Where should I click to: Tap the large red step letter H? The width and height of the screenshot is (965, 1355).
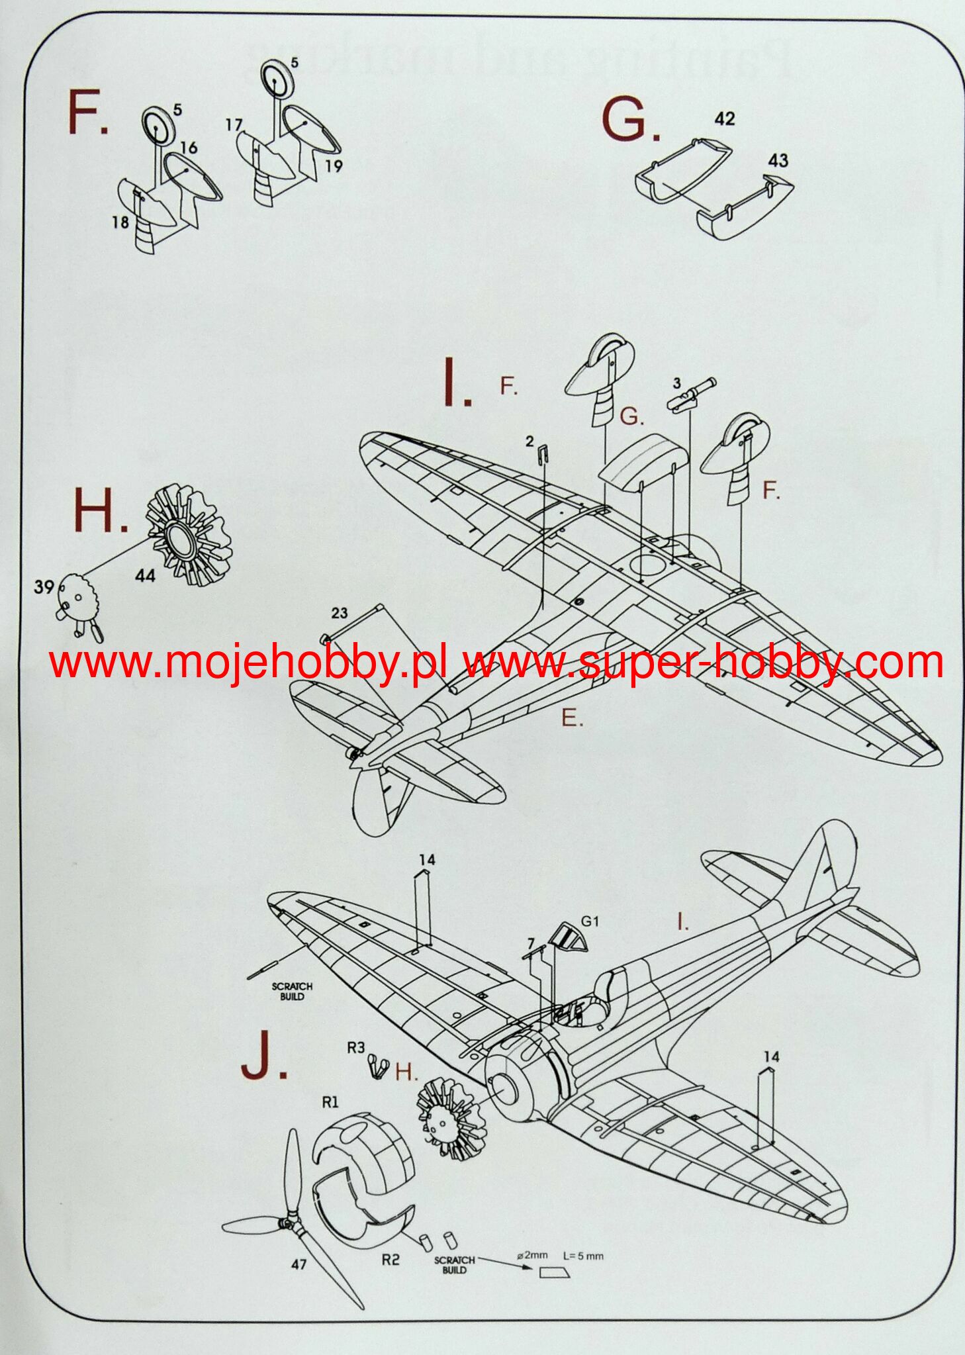pos(99,512)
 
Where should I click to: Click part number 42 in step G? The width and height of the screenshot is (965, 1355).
pos(725,118)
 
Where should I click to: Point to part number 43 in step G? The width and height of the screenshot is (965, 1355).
pos(778,160)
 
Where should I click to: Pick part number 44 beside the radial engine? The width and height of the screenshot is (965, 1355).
pos(145,576)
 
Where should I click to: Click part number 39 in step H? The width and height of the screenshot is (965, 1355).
pos(44,586)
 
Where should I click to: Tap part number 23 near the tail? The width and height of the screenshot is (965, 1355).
pos(340,614)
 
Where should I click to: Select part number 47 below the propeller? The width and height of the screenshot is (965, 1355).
pos(299,1264)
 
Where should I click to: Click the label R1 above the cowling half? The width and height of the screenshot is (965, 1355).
pos(330,1102)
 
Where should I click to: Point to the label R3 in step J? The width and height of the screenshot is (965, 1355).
pos(356,1047)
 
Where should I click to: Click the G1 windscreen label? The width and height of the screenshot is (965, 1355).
pos(590,921)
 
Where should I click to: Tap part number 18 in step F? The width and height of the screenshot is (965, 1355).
pos(120,222)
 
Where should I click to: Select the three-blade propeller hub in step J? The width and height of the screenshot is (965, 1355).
pos(289,1222)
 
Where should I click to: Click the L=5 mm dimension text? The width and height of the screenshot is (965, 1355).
pos(583,1256)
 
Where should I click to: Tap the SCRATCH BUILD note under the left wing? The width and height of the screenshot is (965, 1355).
pos(292,992)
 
